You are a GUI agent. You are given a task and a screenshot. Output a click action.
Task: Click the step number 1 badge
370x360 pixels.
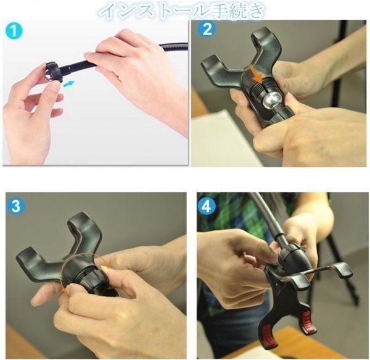pos(14,31)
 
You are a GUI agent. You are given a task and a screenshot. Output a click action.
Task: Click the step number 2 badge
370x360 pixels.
pos(207,29)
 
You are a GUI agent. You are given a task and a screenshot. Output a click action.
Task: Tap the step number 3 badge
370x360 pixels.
pos(16,206)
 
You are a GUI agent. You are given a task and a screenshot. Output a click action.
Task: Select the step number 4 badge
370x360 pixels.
pos(207,206)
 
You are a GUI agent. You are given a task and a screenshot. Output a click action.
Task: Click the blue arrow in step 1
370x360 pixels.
pos(69,83)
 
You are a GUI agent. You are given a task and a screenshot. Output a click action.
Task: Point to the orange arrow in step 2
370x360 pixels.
pos(257,75)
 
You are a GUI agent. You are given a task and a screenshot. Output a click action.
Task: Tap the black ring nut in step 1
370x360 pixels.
pos(53,71)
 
